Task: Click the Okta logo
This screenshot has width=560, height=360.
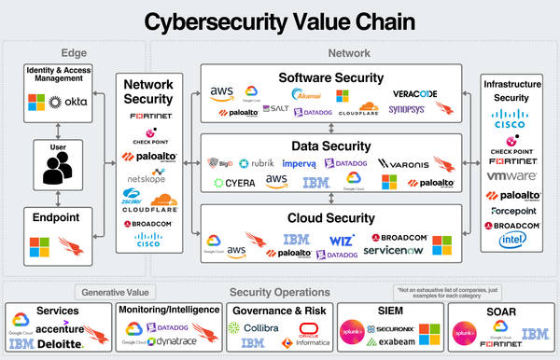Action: click(x=75, y=100)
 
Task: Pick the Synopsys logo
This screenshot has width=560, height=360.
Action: click(x=407, y=109)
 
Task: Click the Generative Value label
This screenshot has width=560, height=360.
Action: click(x=110, y=291)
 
